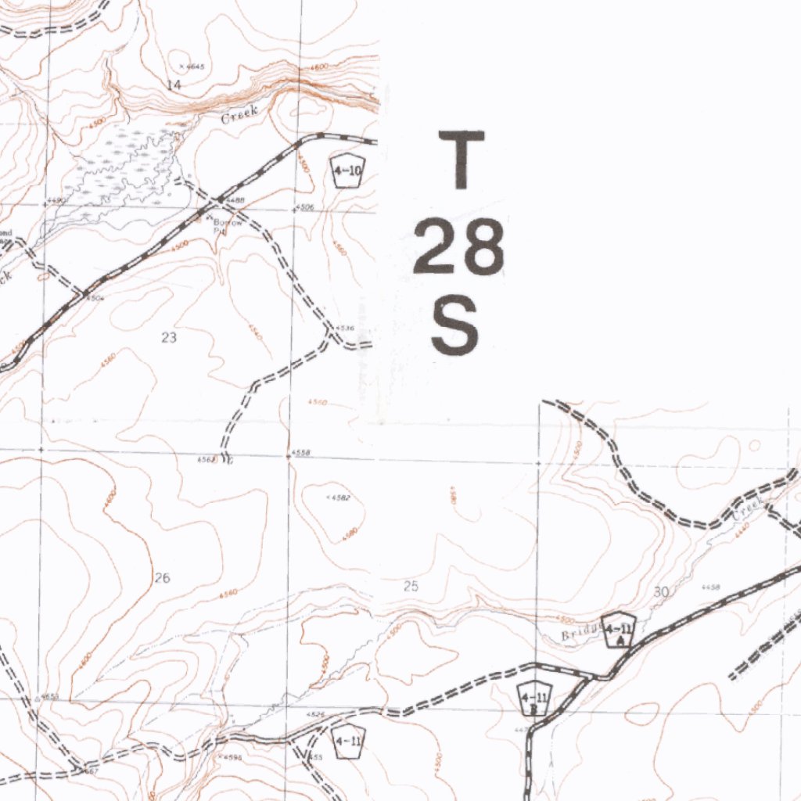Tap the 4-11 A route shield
618,630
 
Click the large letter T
462,160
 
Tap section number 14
174,84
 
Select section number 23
169,337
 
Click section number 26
162,578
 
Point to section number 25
411,586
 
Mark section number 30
661,592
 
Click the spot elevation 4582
341,497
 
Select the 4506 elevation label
305,207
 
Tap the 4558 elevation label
301,454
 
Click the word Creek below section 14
239,117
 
